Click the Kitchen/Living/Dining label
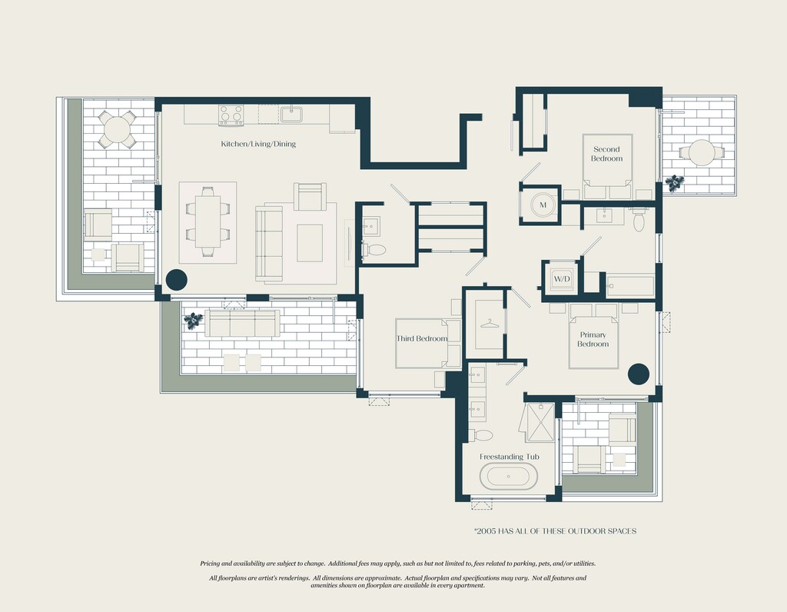point(258,144)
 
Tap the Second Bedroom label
point(607,154)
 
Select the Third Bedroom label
point(422,338)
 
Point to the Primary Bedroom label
point(593,339)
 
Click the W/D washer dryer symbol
point(562,279)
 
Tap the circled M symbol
point(543,205)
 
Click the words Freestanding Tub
point(510,457)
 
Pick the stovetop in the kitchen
point(231,115)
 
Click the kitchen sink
point(291,114)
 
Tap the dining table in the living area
point(208,221)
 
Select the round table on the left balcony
point(117,129)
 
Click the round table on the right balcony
point(702,153)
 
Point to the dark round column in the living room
point(176,280)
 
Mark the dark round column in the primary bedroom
point(639,374)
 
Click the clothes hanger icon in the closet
point(490,324)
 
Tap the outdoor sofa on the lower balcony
point(242,324)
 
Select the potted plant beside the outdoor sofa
point(193,321)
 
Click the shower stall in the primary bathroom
point(539,422)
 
